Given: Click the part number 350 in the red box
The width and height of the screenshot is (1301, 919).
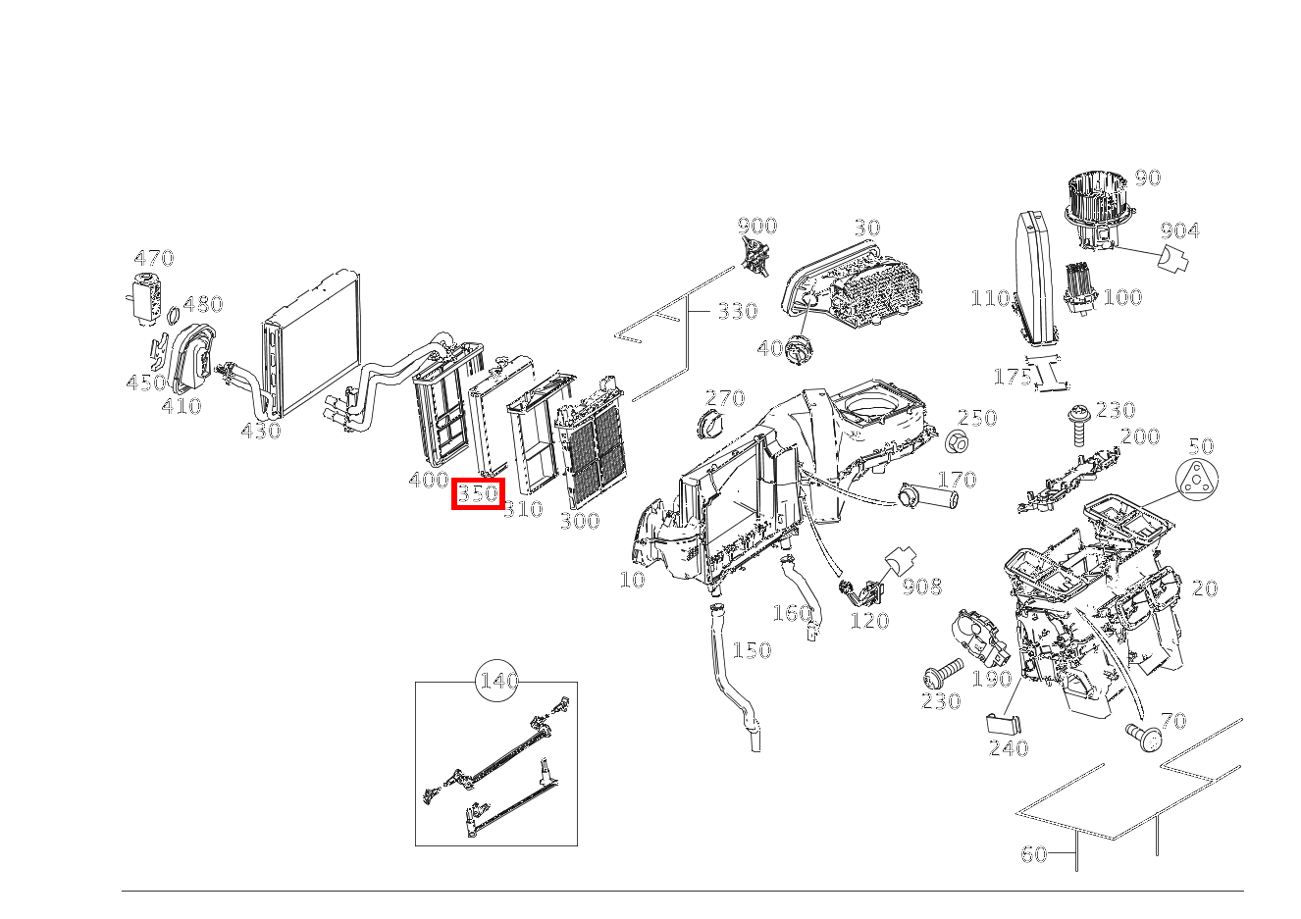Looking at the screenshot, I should click(x=478, y=492).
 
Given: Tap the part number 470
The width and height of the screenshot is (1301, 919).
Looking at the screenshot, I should click(x=154, y=258).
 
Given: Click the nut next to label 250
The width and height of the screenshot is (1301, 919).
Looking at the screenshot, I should click(x=958, y=441).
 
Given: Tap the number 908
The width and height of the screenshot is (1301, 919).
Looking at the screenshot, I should click(x=921, y=587).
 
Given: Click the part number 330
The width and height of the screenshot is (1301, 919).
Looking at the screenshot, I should click(x=737, y=311).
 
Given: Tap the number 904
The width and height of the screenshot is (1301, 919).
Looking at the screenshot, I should click(x=1179, y=230).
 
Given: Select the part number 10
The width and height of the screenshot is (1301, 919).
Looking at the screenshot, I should click(x=633, y=580).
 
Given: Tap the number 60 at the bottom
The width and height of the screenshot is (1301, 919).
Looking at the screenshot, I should click(x=1034, y=854).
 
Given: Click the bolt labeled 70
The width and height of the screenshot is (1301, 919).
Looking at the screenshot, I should click(x=1141, y=735).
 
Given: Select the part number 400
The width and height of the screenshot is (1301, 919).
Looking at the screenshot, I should click(x=428, y=480).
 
